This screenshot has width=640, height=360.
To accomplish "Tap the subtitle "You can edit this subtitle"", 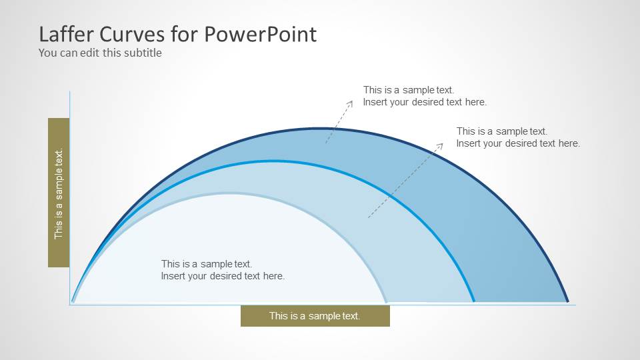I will coord(100,53).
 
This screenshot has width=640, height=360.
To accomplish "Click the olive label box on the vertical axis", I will coord(59,193).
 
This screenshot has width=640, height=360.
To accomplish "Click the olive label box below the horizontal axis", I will coord(315,316).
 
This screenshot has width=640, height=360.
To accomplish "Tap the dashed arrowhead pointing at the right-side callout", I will coord(441,143).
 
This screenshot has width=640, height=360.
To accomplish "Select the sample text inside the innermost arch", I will coord(223,270).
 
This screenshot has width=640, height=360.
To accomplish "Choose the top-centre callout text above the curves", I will coord(425,96).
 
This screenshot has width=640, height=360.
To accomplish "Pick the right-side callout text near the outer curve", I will coord(518,137).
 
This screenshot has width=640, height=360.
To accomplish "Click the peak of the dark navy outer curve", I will coord(319,128).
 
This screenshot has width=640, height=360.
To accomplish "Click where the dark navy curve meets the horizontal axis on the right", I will coord(567,302).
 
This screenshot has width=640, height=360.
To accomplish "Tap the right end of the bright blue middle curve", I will coord(473,301).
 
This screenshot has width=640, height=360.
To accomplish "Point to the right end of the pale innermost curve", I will coord(386,301).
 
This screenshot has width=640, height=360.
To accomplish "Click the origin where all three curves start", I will coord(73,301).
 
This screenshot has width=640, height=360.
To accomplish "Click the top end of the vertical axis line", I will coord(69,93).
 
